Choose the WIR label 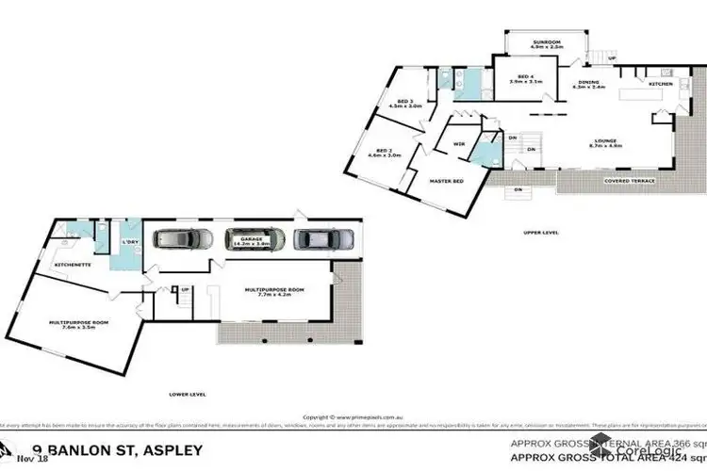coord(459,144)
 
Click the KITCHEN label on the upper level coord(659,85)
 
